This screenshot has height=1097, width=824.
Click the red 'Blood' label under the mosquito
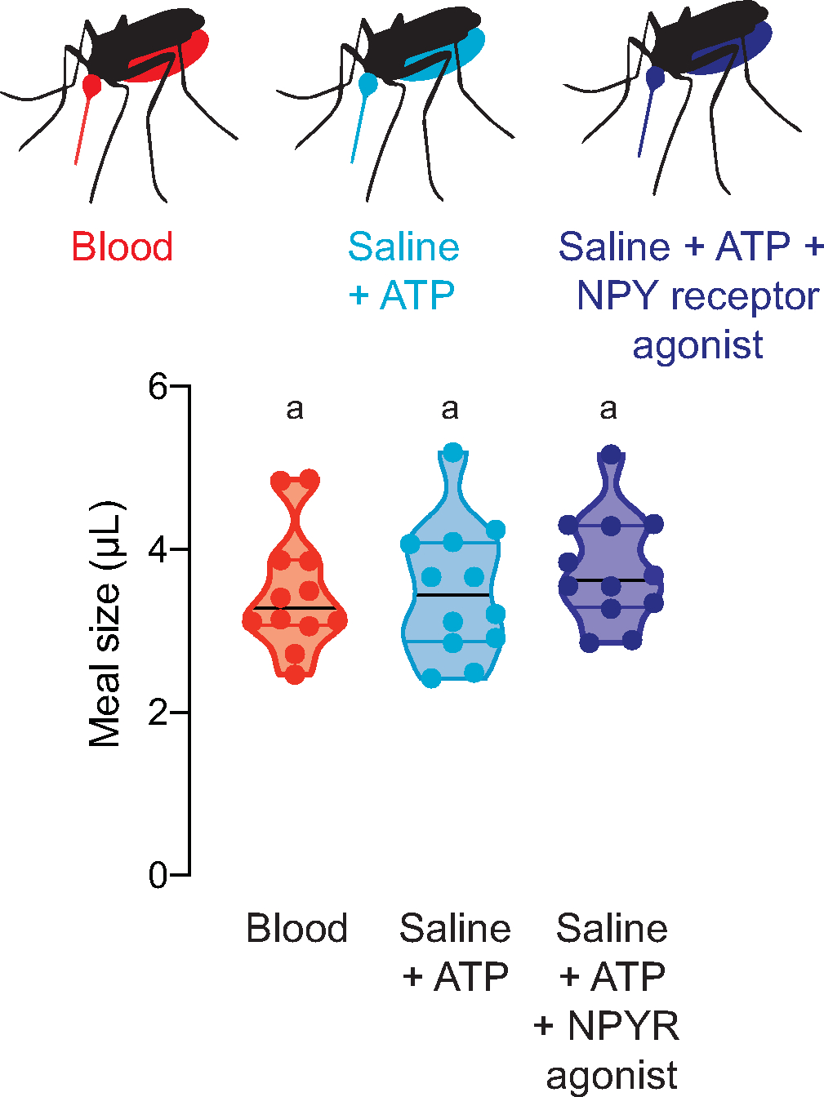(122, 246)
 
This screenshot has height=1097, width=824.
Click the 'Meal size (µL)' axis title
(105, 625)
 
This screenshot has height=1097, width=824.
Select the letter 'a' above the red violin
(295, 408)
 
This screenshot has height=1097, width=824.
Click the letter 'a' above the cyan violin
(450, 408)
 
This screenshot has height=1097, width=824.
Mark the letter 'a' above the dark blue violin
(608, 408)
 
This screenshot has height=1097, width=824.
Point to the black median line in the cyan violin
(452, 595)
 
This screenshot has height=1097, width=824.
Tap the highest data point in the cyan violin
(453, 453)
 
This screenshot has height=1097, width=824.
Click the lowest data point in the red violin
(295, 674)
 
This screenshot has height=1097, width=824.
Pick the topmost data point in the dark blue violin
(611, 455)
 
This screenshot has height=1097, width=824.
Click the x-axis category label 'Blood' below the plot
(297, 929)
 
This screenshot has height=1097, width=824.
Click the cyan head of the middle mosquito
(368, 83)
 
